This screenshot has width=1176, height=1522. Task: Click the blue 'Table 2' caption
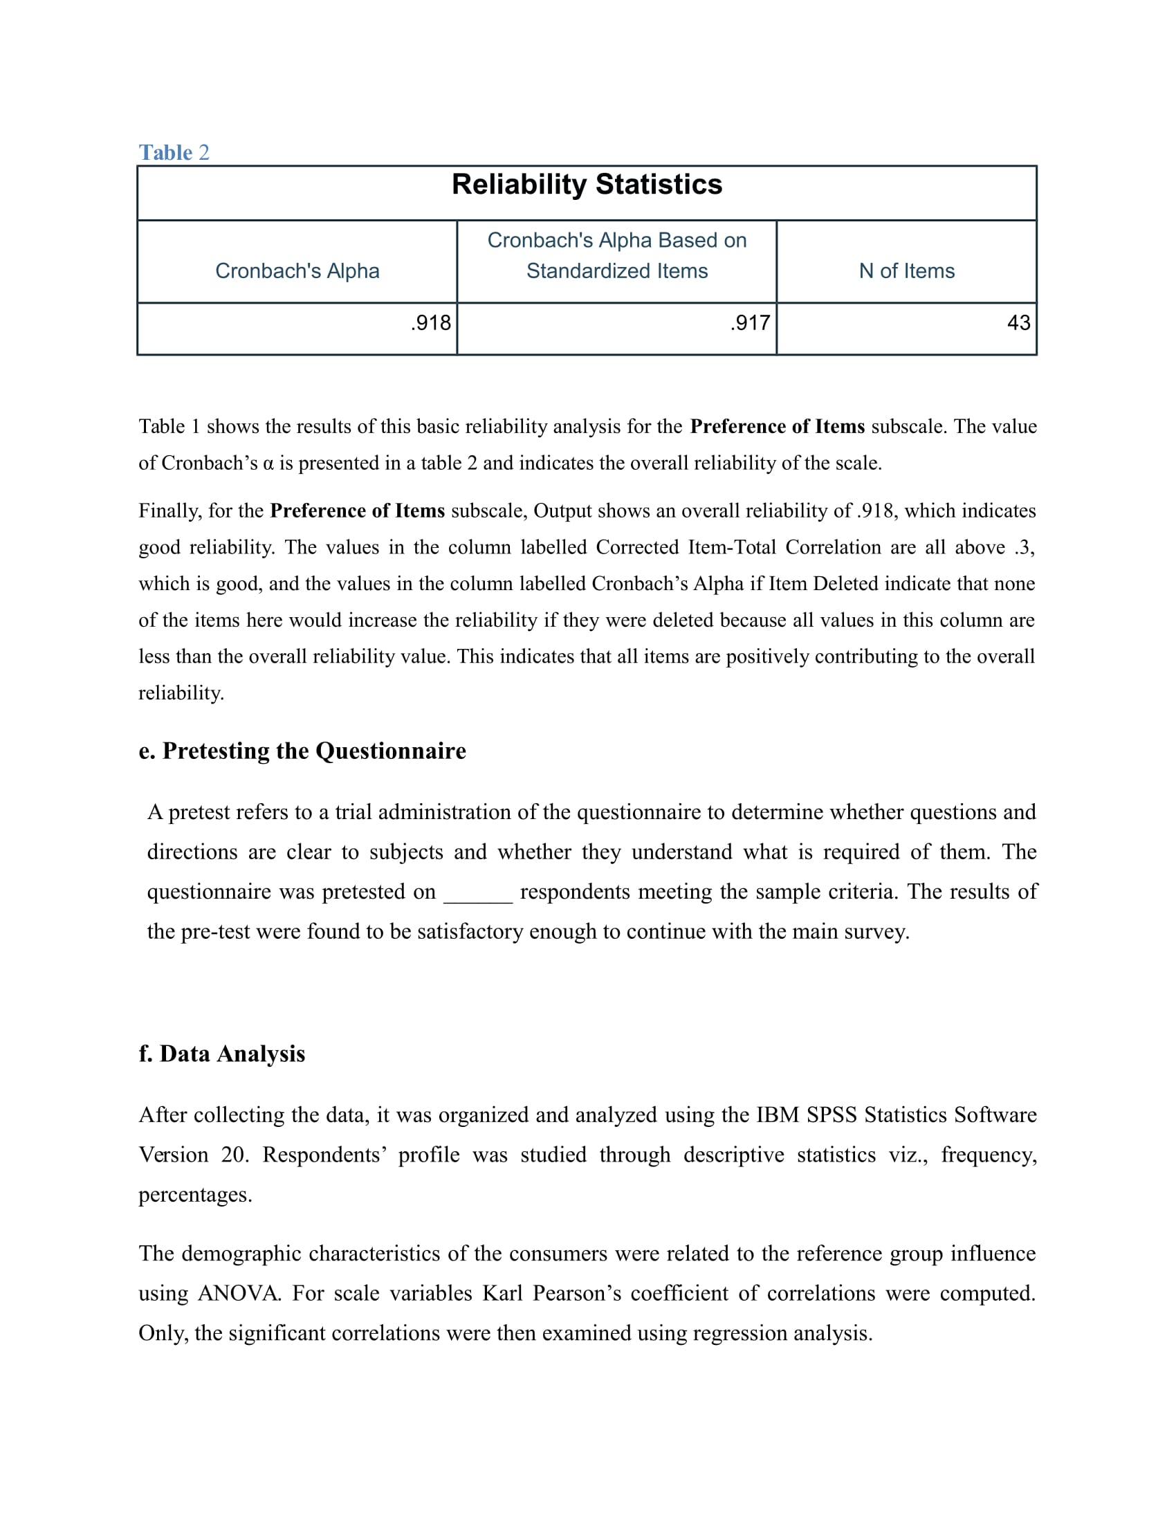(x=174, y=152)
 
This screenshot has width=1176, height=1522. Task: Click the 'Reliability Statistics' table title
(x=587, y=185)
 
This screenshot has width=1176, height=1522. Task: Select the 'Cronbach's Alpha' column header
(x=297, y=271)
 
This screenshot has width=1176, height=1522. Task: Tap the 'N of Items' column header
(x=906, y=271)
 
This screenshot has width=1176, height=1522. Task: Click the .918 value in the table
(x=430, y=322)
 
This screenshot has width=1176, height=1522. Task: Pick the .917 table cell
(x=751, y=322)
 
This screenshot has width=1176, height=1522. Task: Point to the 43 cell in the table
(x=1018, y=322)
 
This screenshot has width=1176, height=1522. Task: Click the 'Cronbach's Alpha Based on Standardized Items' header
(x=616, y=255)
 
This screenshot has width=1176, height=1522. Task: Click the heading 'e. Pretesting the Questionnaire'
(x=302, y=751)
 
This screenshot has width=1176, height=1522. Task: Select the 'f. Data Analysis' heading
(x=221, y=1054)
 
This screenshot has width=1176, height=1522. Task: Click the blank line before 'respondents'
(x=478, y=892)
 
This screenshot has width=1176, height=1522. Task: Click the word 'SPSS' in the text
(x=832, y=1115)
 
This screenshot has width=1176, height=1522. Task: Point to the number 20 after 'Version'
(x=234, y=1155)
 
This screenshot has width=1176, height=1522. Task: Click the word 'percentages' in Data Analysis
(x=194, y=1195)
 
